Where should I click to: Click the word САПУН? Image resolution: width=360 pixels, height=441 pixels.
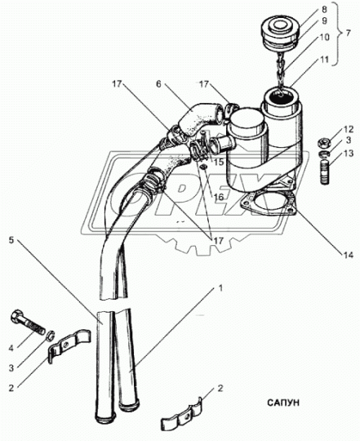coord(283,403)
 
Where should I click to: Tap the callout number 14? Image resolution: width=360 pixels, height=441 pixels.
coord(348,255)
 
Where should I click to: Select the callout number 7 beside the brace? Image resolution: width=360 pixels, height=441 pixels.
coord(348,33)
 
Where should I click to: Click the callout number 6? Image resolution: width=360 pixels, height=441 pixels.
coord(159,84)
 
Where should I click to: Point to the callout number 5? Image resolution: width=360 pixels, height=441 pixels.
coord(11,240)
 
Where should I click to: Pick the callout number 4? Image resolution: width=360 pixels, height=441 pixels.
coord(11,349)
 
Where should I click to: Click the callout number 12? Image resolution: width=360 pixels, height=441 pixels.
coord(348,130)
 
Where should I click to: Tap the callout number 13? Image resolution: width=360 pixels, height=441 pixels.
coord(348,154)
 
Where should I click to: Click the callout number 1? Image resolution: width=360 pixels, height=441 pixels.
coord(220,288)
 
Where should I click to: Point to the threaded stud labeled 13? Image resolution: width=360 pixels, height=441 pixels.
coord(325,171)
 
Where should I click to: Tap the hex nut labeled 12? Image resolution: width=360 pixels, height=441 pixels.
coord(323,143)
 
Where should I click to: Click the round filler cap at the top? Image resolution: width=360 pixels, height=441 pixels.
coord(279,32)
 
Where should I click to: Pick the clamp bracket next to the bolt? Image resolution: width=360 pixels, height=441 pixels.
coord(69,345)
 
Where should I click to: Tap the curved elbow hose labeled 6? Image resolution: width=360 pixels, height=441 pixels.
coord(194,122)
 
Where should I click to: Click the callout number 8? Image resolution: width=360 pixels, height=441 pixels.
coord(324,9)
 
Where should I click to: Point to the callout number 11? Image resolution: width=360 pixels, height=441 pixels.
coord(324,60)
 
